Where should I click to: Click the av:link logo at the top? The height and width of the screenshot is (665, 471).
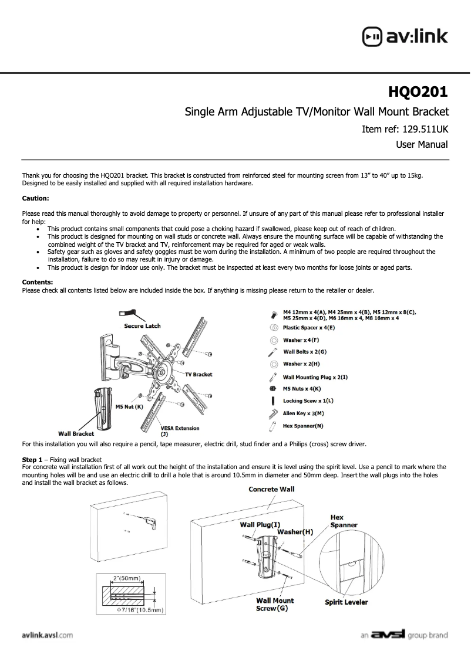tap(405, 36)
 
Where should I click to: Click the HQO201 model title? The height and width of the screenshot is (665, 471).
tap(418, 92)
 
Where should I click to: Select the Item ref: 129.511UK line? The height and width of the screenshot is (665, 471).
tap(405, 128)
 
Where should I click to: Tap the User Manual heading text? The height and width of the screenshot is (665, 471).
tap(422, 144)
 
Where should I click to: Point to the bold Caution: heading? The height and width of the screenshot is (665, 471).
tap(35, 198)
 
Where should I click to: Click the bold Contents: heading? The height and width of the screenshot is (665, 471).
tap(38, 282)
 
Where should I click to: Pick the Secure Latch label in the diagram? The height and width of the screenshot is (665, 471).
tap(142, 326)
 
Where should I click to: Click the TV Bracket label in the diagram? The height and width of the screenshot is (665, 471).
tap(199, 374)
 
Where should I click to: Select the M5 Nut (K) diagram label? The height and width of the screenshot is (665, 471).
tap(129, 406)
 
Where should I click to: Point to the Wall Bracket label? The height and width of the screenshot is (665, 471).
tap(76, 433)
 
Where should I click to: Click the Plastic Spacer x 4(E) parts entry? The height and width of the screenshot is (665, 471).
tap(309, 328)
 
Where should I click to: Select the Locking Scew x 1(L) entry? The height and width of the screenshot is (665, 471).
tap(308, 401)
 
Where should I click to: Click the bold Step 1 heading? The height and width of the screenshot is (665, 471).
tap(32, 459)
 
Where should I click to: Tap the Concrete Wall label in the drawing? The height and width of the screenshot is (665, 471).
tap(271, 489)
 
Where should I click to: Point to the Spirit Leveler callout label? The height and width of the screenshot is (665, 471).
tap(346, 602)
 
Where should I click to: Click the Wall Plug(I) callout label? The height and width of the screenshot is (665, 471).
tap(260, 524)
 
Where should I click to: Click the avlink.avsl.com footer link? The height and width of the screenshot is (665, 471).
tap(47, 635)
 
